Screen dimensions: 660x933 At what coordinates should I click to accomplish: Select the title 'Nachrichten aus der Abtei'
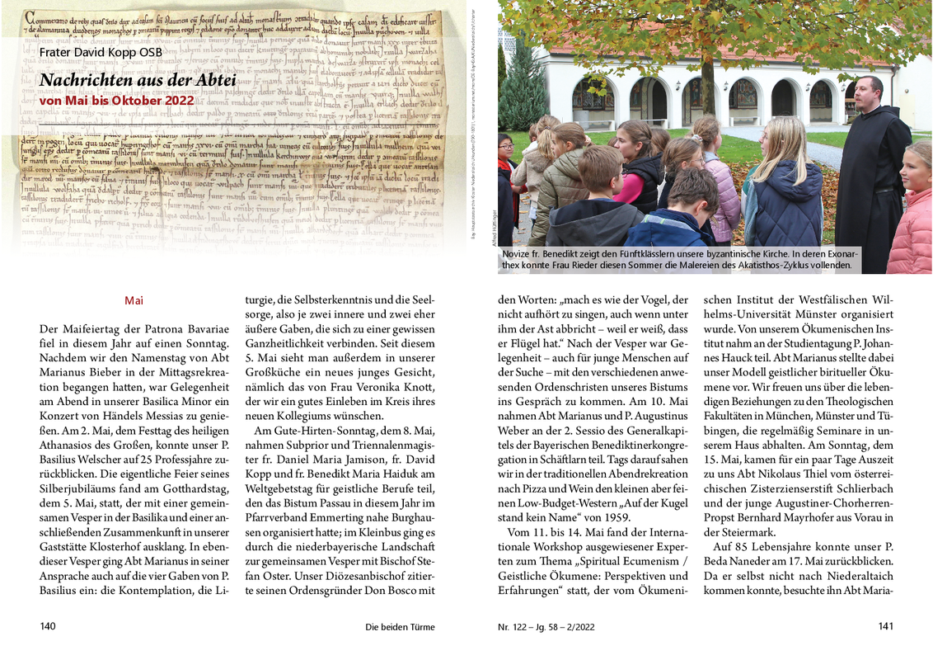(138, 80)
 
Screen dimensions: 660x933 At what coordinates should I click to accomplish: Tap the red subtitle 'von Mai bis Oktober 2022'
(116, 101)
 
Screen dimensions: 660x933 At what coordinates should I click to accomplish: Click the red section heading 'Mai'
(134, 301)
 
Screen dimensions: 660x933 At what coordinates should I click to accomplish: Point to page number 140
(48, 626)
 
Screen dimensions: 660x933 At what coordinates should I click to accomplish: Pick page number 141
(885, 626)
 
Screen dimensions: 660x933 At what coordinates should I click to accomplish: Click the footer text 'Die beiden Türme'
(400, 627)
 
